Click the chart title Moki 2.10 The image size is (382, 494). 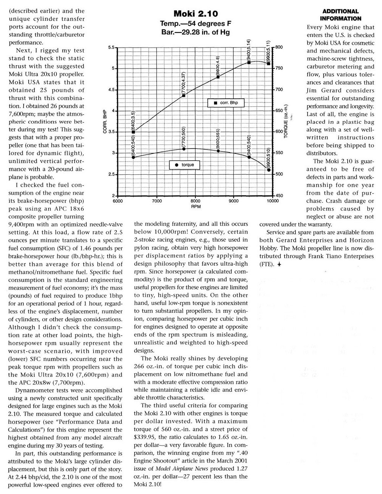195,14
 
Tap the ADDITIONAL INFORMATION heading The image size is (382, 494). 340,15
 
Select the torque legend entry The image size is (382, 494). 185,165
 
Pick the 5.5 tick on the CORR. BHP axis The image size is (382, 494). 112,48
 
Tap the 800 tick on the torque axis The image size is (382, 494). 278,47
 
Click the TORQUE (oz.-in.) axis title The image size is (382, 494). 285,122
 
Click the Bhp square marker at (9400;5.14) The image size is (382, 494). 249,62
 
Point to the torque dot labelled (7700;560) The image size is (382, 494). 184,149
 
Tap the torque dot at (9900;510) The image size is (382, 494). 269,170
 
